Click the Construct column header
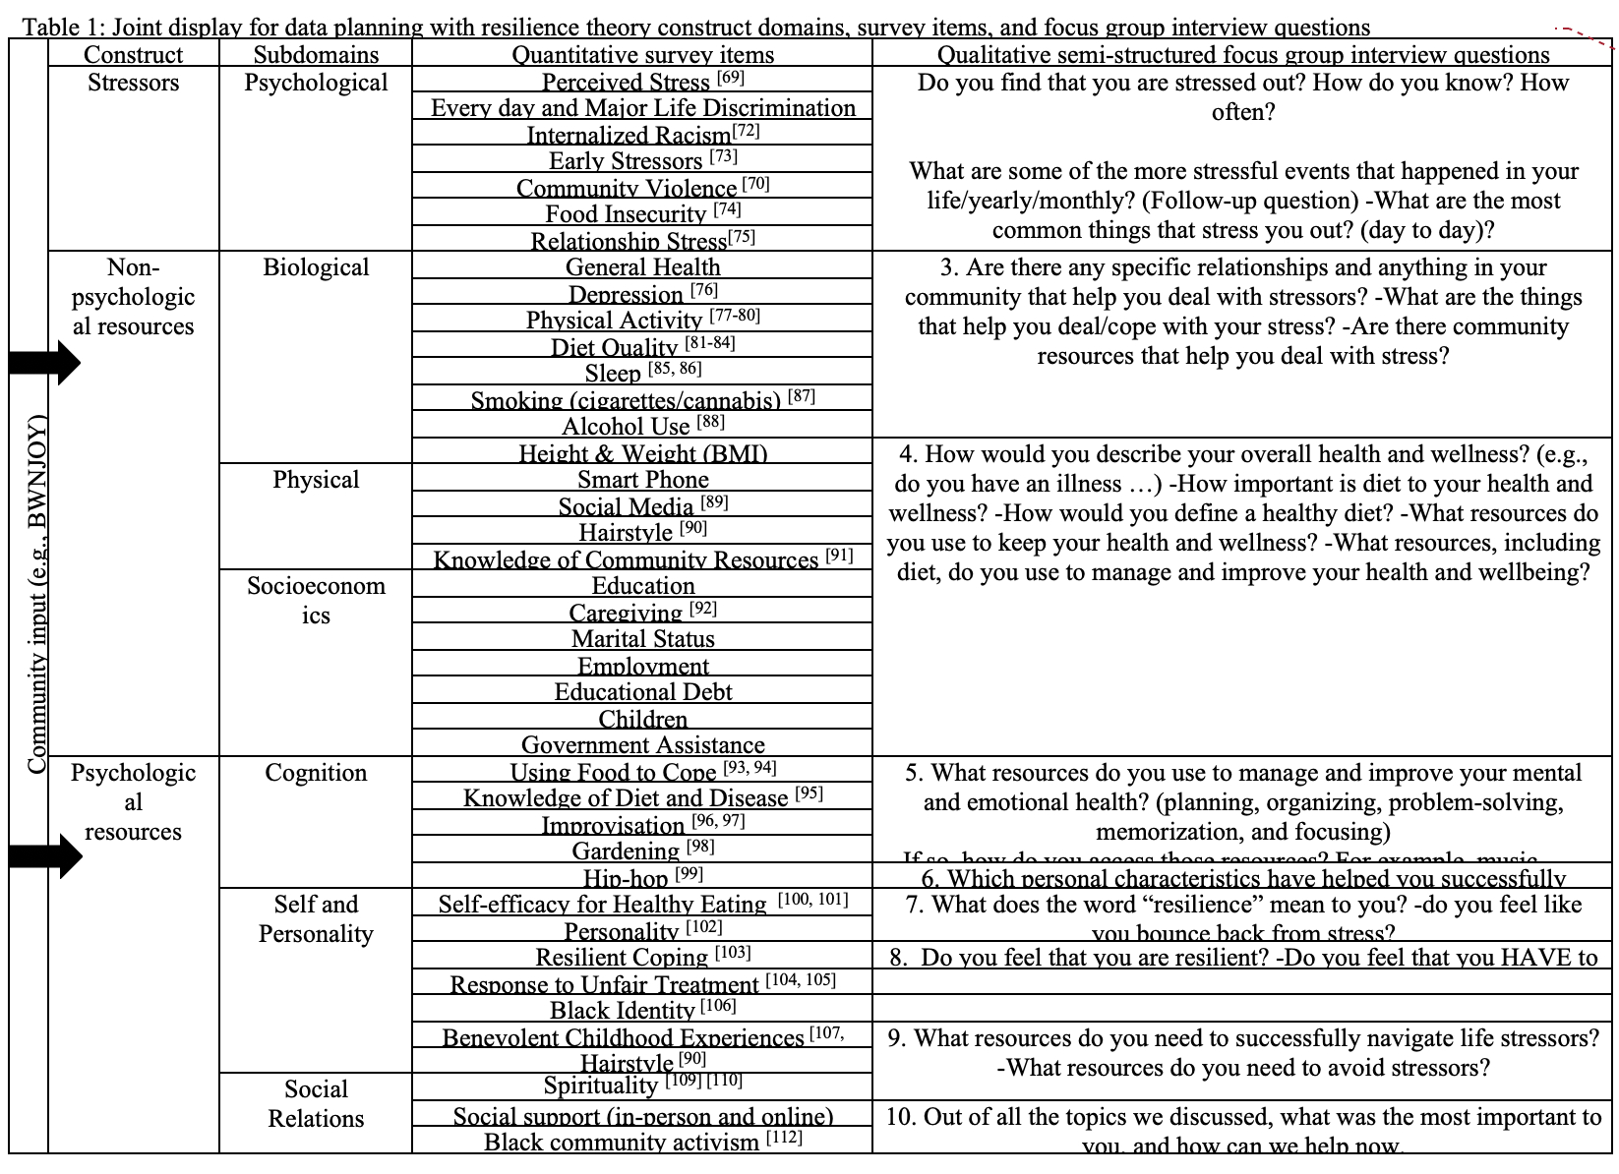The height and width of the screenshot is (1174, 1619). pyautogui.click(x=133, y=55)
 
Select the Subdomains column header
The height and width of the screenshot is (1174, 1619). pyautogui.click(x=316, y=55)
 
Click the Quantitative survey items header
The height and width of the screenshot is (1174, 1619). pyautogui.click(x=642, y=55)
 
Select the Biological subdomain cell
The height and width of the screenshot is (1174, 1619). pyautogui.click(x=316, y=267)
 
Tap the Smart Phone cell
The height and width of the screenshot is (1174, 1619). pyautogui.click(x=642, y=480)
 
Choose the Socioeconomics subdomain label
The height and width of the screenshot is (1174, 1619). pyautogui.click(x=316, y=600)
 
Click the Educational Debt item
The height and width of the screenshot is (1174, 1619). pyautogui.click(x=642, y=692)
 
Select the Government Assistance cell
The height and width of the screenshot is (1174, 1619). pyautogui.click(x=642, y=744)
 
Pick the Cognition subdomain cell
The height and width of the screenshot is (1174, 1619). pyautogui.click(x=316, y=773)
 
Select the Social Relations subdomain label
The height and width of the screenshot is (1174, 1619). pyautogui.click(x=316, y=1103)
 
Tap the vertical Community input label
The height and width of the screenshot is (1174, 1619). pyautogui.click(x=36, y=595)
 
